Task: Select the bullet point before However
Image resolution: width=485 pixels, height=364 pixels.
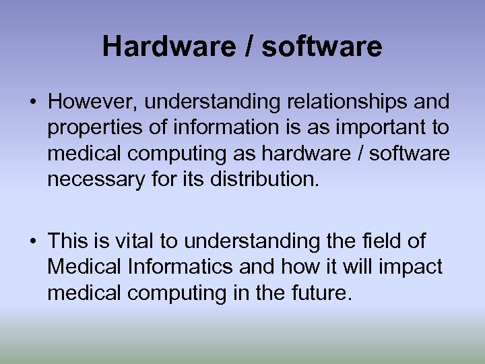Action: (x=32, y=102)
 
